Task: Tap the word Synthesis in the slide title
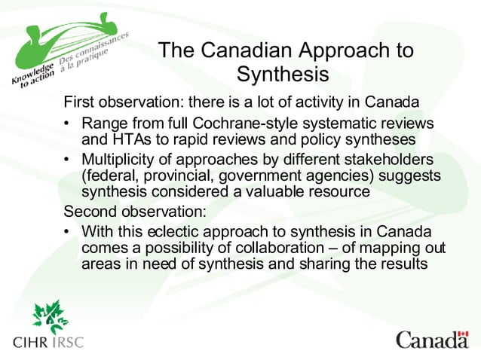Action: (283, 75)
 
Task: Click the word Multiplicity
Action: (122, 160)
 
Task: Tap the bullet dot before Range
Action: (68, 124)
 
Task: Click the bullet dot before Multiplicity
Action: (68, 160)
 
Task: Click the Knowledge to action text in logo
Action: (31, 76)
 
